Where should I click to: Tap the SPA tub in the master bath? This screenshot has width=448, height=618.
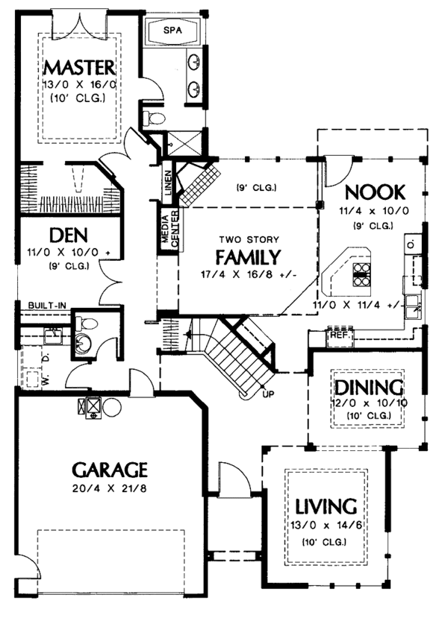click(x=172, y=32)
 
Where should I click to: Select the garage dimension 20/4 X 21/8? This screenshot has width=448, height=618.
click(x=110, y=490)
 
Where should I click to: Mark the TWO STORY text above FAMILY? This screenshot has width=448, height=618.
click(x=249, y=239)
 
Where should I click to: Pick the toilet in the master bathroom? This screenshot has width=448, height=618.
click(x=154, y=118)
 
